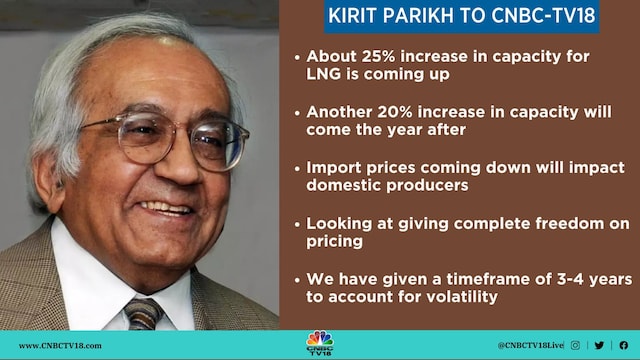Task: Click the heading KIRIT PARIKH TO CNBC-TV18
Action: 461,17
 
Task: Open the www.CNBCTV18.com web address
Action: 60,345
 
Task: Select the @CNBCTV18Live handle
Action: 530,345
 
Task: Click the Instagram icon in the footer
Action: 575,345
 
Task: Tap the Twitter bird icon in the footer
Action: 599,345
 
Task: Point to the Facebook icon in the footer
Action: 623,345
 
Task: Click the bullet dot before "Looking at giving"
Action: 298,223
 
